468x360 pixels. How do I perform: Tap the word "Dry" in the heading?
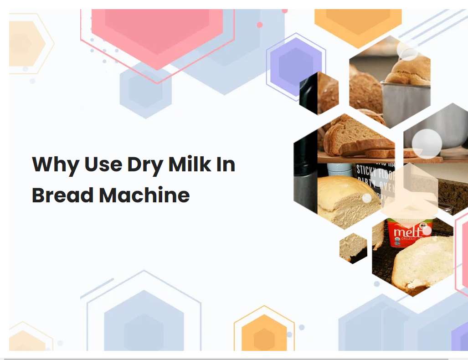[145, 165]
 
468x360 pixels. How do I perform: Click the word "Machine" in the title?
[144, 195]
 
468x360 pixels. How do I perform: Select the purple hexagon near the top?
[296, 67]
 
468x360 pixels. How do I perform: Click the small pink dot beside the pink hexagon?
[260, 25]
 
